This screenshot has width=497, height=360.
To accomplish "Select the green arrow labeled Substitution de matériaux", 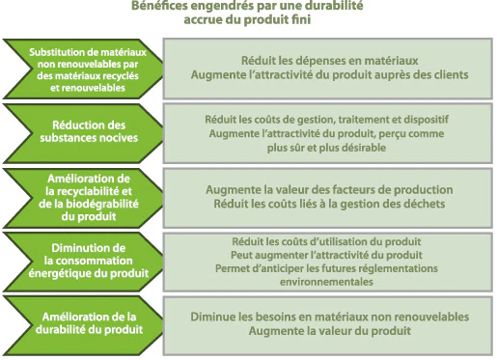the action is (83, 69).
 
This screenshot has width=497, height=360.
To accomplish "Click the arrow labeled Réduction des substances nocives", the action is (83, 133).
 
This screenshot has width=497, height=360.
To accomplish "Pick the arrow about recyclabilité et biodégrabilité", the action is (83, 198).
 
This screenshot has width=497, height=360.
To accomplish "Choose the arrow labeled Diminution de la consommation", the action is (83, 262).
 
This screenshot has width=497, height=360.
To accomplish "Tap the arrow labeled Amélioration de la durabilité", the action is (83, 325).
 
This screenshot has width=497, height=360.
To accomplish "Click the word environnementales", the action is (326, 282).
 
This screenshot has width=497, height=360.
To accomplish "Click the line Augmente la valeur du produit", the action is (330, 331).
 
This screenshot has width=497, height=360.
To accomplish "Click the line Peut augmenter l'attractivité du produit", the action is (326, 255).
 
